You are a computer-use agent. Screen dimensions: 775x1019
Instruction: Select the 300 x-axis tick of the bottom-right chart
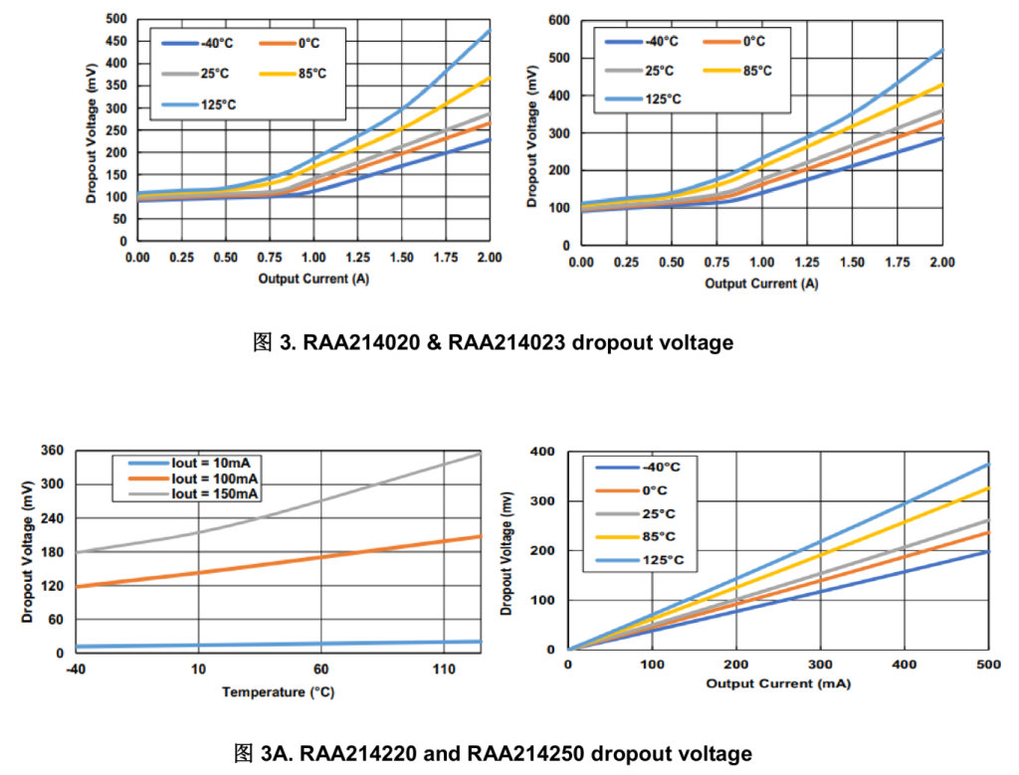coord(820,665)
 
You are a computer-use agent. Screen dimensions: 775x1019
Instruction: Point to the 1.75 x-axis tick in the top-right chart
coord(897,263)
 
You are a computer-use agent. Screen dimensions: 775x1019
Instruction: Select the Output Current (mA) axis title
coord(778,683)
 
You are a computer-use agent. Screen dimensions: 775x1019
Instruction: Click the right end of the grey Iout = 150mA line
coord(481,454)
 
